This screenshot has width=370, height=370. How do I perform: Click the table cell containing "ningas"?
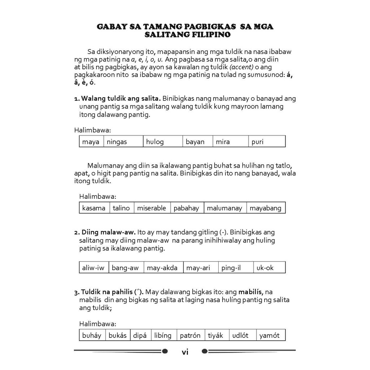point(123,142)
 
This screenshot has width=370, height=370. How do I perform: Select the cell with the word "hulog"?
point(163,142)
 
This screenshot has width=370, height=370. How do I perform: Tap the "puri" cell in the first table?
point(267,142)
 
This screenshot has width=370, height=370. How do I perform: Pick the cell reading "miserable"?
point(152,208)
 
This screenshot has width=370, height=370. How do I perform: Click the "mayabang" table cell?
point(266,208)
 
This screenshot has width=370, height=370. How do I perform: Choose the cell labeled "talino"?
point(122,208)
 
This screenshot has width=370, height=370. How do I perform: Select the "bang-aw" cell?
point(126,268)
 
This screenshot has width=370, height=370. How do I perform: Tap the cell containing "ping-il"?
point(236,268)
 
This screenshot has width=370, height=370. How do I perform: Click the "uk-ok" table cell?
point(269,268)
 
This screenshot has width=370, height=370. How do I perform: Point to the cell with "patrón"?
point(190,335)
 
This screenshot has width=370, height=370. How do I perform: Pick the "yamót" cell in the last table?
point(270,335)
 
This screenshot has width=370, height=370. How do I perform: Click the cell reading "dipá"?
point(140,335)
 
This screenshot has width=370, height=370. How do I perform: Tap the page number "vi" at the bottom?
point(185,352)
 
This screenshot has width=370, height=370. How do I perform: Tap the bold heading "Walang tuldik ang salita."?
point(121,98)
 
